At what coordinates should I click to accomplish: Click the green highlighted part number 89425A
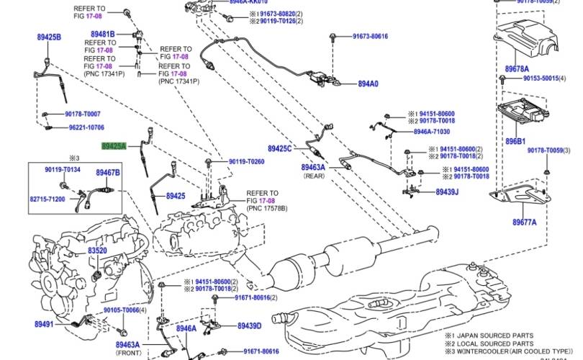(x=113, y=146)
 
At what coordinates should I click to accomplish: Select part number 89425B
(x=49, y=36)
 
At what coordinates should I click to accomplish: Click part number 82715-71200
(x=48, y=199)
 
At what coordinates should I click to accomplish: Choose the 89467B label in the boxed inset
(x=108, y=174)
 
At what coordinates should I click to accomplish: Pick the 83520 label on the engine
(x=97, y=251)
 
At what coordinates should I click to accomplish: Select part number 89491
(x=44, y=325)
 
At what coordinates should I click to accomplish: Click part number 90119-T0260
(x=246, y=161)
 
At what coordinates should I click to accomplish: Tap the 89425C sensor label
(x=280, y=148)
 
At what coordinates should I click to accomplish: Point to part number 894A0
(x=367, y=84)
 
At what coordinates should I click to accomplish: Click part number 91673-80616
(x=370, y=36)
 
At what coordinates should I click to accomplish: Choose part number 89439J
(x=446, y=192)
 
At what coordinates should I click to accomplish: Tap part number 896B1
(x=515, y=142)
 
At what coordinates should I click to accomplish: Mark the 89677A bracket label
(x=524, y=222)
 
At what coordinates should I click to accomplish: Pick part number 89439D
(x=249, y=325)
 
